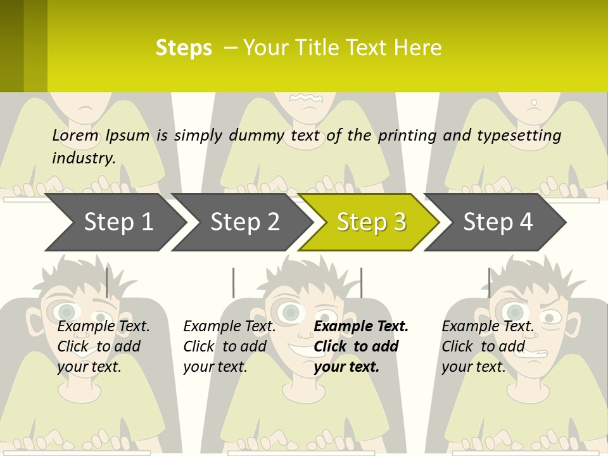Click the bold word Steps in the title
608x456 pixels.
[184, 48]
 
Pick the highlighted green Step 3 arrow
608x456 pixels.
[371, 222]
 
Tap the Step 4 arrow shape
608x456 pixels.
[498, 222]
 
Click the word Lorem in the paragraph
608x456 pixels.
[75, 136]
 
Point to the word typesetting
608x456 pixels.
[519, 136]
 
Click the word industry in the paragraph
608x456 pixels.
[83, 158]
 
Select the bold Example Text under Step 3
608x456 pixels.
[361, 327]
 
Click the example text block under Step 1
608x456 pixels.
[103, 346]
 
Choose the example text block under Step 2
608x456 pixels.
[229, 346]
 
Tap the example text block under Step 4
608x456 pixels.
[488, 346]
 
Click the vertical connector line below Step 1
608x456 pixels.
[106, 282]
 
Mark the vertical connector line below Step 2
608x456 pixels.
[233, 282]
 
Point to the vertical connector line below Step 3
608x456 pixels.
[361, 282]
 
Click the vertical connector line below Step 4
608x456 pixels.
[489, 282]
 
